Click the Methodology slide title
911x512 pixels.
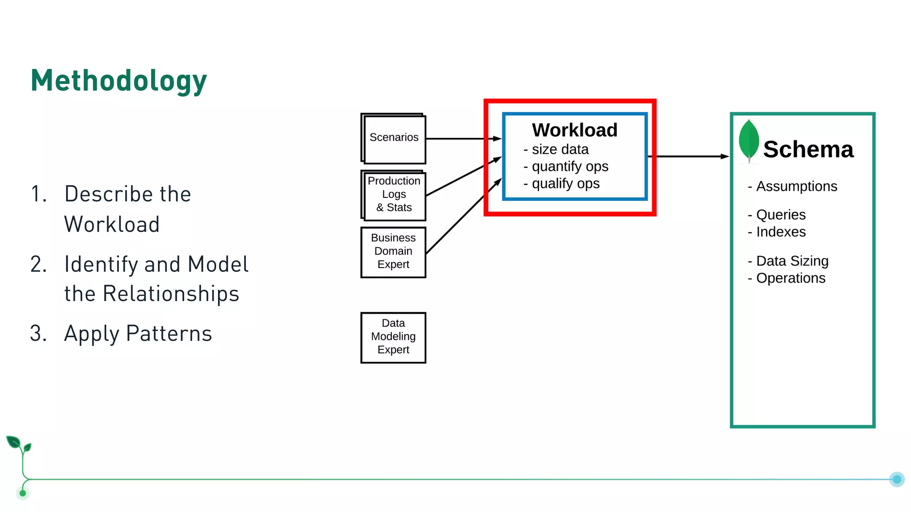pyautogui.click(x=119, y=81)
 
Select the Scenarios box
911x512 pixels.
pyautogui.click(x=394, y=138)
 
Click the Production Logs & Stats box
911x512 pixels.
pyautogui.click(x=394, y=195)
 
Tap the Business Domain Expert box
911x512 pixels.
pyautogui.click(x=393, y=252)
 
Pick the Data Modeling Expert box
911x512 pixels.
pyautogui.click(x=393, y=337)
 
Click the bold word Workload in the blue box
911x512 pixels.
pyautogui.click(x=574, y=130)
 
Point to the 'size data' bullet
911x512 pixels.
pyautogui.click(x=560, y=150)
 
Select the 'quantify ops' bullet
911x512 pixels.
pyautogui.click(x=569, y=167)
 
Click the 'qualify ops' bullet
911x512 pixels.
pyautogui.click(x=565, y=184)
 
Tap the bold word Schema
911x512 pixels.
pyautogui.click(x=808, y=150)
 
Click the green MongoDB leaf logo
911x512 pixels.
pyautogui.click(x=749, y=140)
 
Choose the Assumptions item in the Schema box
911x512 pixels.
pyautogui.click(x=796, y=187)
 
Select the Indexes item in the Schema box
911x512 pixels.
pyautogui.click(x=780, y=232)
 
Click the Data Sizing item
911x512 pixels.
pyautogui.click(x=792, y=261)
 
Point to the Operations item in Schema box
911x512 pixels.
pyautogui.click(x=790, y=278)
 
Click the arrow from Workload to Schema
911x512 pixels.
pyautogui.click(x=689, y=156)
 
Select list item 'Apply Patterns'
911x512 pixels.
pyautogui.click(x=138, y=334)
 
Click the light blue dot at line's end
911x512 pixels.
pyautogui.click(x=897, y=479)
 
